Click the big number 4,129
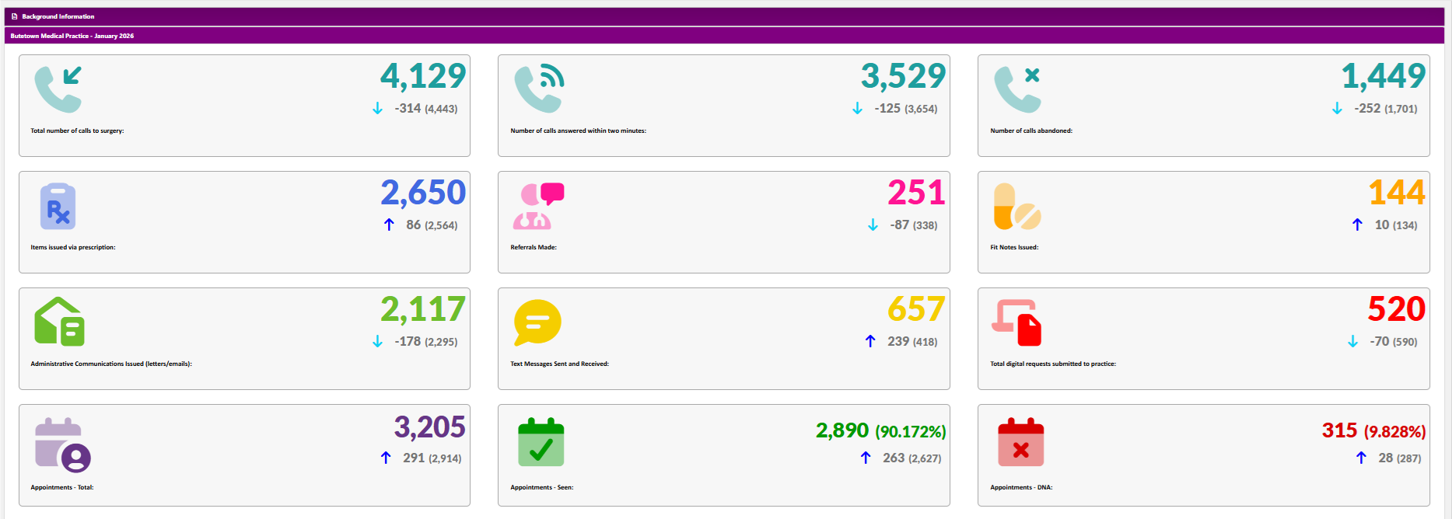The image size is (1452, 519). pos(423,76)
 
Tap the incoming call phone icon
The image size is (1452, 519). pos(58,89)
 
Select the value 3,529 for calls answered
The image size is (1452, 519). pos(903,76)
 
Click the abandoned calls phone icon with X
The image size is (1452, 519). pos(1018,89)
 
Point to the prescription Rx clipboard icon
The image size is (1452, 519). pos(58,207)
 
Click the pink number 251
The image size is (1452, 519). pos(916,193)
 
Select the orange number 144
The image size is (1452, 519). pos(1396,193)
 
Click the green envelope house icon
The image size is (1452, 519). pos(59,322)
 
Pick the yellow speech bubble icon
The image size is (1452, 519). pos(537,322)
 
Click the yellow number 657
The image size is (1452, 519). pos(916,309)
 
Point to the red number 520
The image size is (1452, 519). pos(1396,309)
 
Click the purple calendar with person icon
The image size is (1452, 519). pos(62,445)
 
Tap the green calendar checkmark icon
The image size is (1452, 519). pos(541,442)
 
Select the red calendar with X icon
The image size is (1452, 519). pos(1020,442)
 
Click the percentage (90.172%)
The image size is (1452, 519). pos(911,431)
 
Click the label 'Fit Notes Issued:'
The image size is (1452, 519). pos(1014,247)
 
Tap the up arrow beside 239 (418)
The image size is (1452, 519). pos(870,341)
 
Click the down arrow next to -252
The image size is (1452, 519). pos(1337,108)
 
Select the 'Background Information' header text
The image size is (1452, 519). pos(58,16)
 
